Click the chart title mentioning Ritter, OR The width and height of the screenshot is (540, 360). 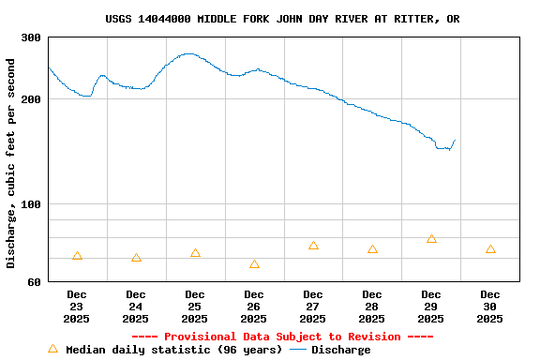[x=282, y=19]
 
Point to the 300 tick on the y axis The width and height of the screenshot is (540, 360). [x=31, y=37]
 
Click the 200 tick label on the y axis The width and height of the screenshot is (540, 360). [x=31, y=98]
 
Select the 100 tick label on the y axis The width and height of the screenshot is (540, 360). [x=31, y=204]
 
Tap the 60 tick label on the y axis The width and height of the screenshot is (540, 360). [x=34, y=281]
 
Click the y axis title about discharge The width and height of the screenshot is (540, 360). [x=11, y=163]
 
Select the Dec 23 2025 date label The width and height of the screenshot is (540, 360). [x=77, y=307]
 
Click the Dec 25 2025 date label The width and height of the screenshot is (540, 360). [x=195, y=307]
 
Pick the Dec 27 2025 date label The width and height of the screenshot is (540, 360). [x=313, y=307]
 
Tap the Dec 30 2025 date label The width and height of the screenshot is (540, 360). [x=489, y=307]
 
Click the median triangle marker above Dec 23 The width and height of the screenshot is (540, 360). [x=77, y=256]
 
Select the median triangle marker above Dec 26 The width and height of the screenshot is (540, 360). [x=254, y=264]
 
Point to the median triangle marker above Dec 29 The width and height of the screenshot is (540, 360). [x=431, y=239]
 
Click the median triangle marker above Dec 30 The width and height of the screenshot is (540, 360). [x=490, y=249]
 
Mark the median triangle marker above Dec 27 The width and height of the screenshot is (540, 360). [x=313, y=246]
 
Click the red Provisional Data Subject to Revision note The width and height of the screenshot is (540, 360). [x=282, y=337]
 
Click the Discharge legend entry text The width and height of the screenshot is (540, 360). [x=340, y=350]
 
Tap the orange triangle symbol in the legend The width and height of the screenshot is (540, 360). [x=52, y=349]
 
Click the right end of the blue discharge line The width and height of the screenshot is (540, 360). [x=455, y=141]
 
